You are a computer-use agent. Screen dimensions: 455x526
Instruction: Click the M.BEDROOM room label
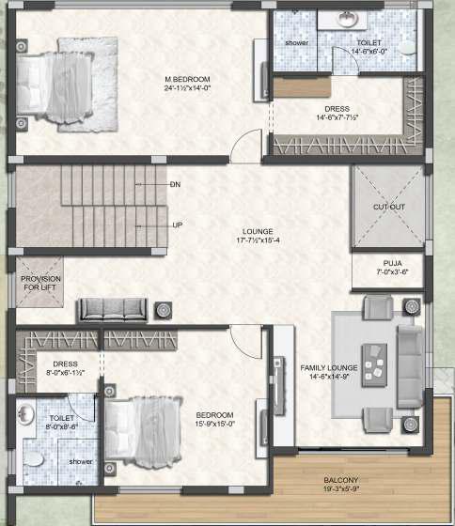tap(187, 80)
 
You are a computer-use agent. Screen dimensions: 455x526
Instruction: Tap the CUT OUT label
tap(389, 207)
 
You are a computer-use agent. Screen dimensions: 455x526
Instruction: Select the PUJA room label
tap(393, 263)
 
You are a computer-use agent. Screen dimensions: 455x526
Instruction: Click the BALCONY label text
tap(341, 480)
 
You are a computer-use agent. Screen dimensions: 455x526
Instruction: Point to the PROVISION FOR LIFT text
tap(40, 283)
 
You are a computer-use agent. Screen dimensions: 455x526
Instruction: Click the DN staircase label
tap(175, 184)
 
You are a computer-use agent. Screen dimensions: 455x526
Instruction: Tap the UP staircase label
tap(178, 225)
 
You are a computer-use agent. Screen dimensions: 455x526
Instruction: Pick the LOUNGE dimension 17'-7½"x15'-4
tap(258, 240)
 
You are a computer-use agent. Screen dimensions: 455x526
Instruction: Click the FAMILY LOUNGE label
tap(329, 368)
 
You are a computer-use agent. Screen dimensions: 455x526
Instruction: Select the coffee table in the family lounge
tap(374, 365)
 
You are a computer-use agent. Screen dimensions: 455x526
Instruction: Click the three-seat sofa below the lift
tap(112, 310)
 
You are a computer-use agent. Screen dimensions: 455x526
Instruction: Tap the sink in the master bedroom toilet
tap(347, 18)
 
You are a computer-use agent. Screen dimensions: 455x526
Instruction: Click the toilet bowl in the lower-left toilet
tap(33, 458)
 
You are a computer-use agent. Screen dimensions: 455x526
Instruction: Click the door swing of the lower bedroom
tap(245, 341)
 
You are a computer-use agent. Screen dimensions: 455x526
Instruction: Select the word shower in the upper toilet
tap(296, 43)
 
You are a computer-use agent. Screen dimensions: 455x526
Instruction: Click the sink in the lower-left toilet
tap(25, 414)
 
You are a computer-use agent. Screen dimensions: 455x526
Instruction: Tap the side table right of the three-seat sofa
tap(164, 310)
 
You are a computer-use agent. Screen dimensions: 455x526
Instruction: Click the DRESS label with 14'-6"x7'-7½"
tap(337, 113)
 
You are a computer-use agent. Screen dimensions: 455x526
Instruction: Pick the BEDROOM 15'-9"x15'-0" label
tap(214, 419)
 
